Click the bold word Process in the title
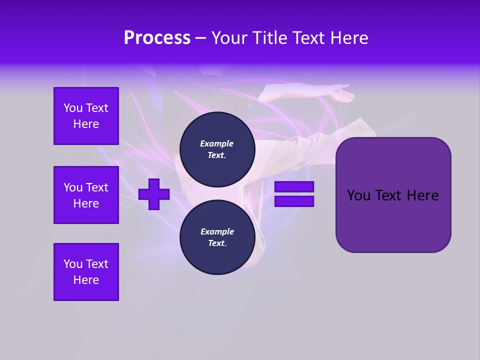157,38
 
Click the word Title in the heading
270,38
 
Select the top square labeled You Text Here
86,116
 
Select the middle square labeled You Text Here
86,195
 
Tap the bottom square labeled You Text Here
86,272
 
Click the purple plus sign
154,194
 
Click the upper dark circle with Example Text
216,149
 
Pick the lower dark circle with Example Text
216,237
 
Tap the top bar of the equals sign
294,186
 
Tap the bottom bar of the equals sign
294,201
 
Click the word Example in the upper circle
216,143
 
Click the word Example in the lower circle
216,231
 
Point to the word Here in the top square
86,124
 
